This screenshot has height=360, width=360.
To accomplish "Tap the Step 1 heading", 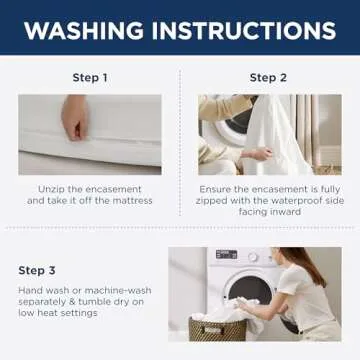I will click(x=89, y=78).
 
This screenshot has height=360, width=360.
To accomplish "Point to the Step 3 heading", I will click(x=38, y=270).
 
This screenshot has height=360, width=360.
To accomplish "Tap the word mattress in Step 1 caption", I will click(x=133, y=201).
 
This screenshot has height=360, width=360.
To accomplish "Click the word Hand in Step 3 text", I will click(x=29, y=291).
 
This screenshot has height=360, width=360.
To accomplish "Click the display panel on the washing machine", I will click(x=226, y=256).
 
